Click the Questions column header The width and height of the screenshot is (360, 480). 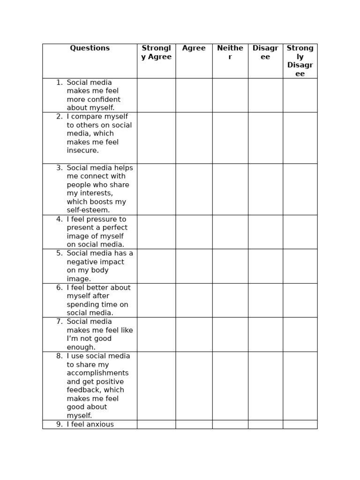point(90,48)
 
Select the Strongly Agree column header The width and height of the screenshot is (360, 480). point(156,52)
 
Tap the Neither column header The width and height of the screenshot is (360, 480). point(230,52)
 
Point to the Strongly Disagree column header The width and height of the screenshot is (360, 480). point(300,61)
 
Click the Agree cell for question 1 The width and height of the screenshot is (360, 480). point(194,95)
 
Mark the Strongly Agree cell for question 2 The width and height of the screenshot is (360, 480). point(156,138)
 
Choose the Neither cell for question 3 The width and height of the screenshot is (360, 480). point(230,189)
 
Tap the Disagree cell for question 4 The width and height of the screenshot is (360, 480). point(265,232)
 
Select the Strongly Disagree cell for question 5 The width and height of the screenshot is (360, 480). point(300,266)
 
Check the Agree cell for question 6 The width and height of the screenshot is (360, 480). point(194,300)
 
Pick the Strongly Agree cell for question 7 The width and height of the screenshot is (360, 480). point(156,335)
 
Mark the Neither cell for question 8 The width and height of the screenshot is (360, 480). point(230,386)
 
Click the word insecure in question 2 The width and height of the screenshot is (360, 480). point(82,150)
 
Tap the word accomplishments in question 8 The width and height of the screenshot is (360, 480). point(97,373)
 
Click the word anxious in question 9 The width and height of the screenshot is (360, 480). point(99,424)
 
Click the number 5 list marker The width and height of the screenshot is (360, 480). point(59,253)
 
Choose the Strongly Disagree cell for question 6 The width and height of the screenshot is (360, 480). point(300,300)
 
